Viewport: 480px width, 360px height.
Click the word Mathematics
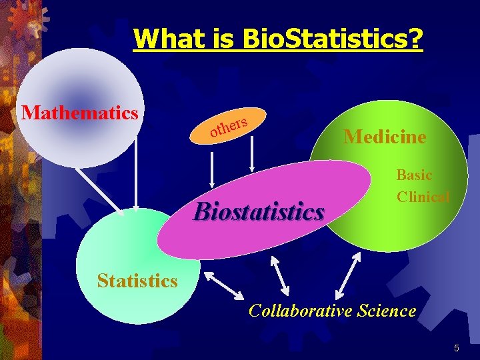coord(79,112)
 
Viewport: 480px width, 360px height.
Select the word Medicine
coord(385,137)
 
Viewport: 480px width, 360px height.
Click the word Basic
coord(414,175)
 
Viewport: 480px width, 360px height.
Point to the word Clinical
coord(423,197)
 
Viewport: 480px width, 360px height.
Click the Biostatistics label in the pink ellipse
coord(259,212)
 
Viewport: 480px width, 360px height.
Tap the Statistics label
coord(137,281)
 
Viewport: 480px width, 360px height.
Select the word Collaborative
coord(298,310)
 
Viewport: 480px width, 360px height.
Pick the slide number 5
coord(457,348)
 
